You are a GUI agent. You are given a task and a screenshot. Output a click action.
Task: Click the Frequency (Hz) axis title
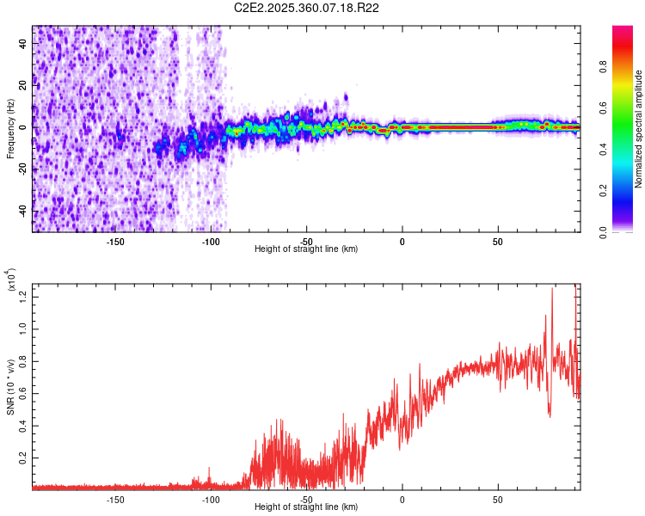(10, 129)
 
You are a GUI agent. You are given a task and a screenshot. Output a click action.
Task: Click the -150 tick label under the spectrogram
(115, 241)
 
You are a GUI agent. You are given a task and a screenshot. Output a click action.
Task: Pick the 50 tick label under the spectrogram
(497, 241)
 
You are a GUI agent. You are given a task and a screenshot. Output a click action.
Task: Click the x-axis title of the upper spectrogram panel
(306, 249)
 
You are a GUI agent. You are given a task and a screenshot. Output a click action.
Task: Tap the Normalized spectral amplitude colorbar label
(639, 129)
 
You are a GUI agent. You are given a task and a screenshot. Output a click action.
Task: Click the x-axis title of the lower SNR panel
(306, 507)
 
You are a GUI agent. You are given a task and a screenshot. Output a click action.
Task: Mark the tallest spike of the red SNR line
(552, 289)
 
